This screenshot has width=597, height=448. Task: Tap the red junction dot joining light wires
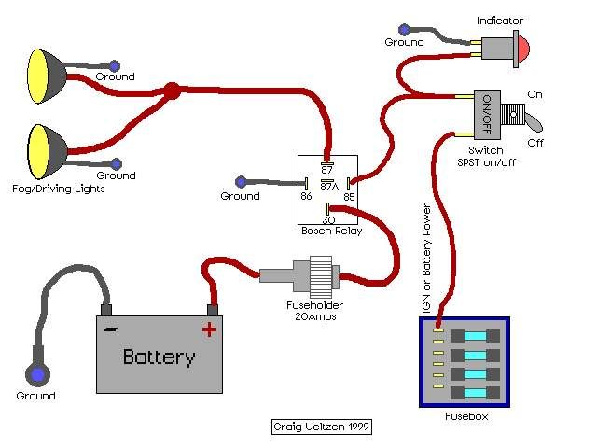click(x=171, y=91)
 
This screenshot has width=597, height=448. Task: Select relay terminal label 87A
click(x=328, y=185)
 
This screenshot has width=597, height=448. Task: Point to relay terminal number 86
click(x=306, y=196)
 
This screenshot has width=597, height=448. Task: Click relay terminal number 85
click(x=349, y=196)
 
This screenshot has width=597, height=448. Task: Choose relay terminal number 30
click(x=328, y=219)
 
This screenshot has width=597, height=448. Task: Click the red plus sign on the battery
click(x=209, y=328)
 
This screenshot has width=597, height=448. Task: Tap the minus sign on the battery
click(x=111, y=329)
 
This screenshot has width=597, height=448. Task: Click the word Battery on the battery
click(x=160, y=357)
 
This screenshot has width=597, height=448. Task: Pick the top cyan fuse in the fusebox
click(x=475, y=335)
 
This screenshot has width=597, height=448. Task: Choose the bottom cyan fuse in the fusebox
click(x=475, y=393)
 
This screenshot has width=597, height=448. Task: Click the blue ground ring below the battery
click(x=37, y=375)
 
